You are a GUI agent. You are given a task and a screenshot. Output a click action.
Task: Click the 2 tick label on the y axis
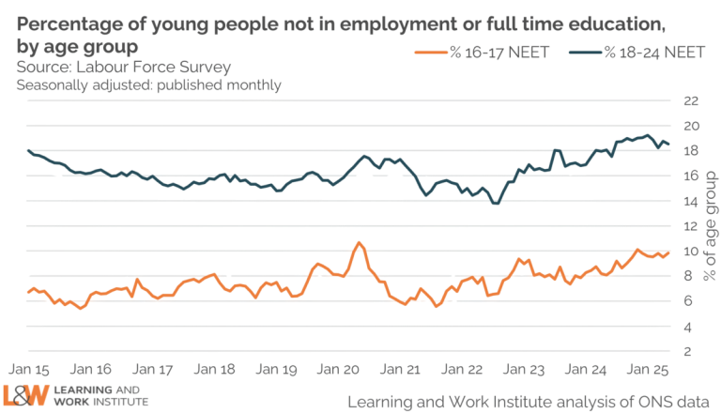click(693, 351)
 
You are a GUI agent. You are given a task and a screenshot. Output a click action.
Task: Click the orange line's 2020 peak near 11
click(358, 242)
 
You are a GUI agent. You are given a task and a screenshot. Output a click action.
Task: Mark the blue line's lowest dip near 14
click(496, 203)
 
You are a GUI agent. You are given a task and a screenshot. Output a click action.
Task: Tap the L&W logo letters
click(28, 395)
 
